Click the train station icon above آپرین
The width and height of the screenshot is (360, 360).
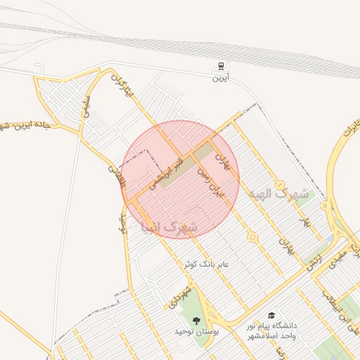click(221, 67)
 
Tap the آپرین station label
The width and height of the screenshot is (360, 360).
click(221, 77)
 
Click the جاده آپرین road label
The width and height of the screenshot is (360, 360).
click(28, 127)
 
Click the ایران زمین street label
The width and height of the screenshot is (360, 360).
click(210, 180)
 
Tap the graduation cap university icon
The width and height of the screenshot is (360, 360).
click(271, 316)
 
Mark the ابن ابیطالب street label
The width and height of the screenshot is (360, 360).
click(338, 299)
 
